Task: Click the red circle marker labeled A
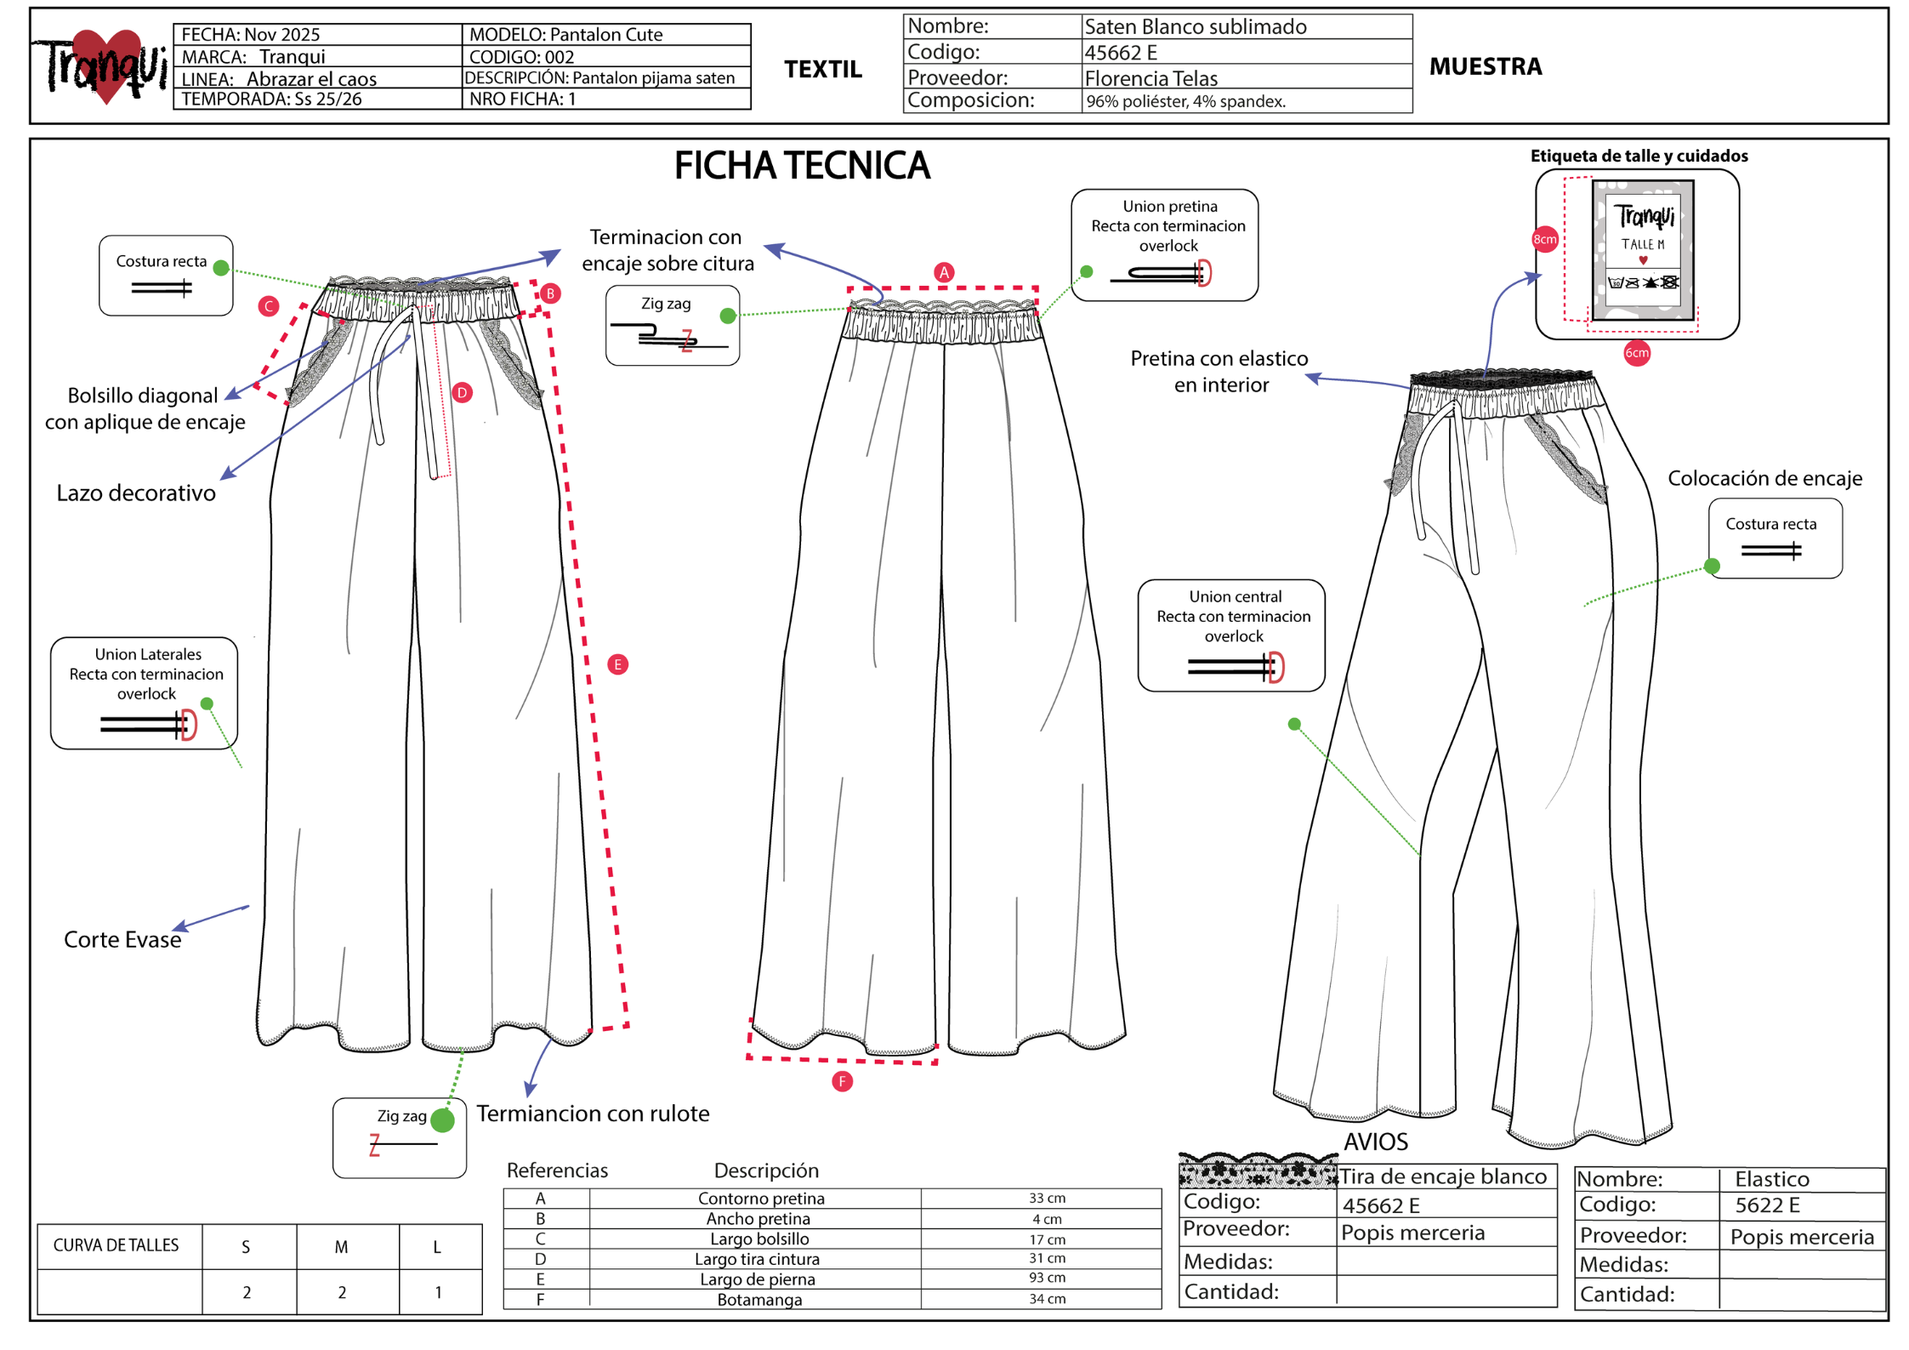pyautogui.click(x=943, y=272)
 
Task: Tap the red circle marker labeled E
pyautogui.click(x=618, y=664)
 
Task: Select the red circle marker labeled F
pyautogui.click(x=842, y=1081)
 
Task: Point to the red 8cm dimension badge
pyautogui.click(x=1544, y=239)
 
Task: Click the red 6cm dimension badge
pyautogui.click(x=1636, y=352)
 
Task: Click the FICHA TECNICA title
pyautogui.click(x=802, y=165)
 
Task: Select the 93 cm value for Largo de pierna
pyautogui.click(x=1047, y=1278)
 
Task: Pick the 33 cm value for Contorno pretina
pyautogui.click(x=1047, y=1198)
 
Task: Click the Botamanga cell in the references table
pyautogui.click(x=759, y=1299)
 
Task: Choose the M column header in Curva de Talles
pyautogui.click(x=341, y=1247)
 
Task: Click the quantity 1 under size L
pyautogui.click(x=438, y=1292)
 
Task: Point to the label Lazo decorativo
pyautogui.click(x=136, y=493)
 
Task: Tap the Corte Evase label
pyautogui.click(x=122, y=939)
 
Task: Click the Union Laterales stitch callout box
pyautogui.click(x=144, y=693)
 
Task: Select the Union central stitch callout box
pyautogui.click(x=1231, y=635)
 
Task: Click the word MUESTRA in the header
pyautogui.click(x=1486, y=66)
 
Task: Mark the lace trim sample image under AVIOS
pyautogui.click(x=1258, y=1171)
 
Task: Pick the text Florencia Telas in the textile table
pyautogui.click(x=1151, y=78)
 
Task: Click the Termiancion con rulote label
pyautogui.click(x=593, y=1114)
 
